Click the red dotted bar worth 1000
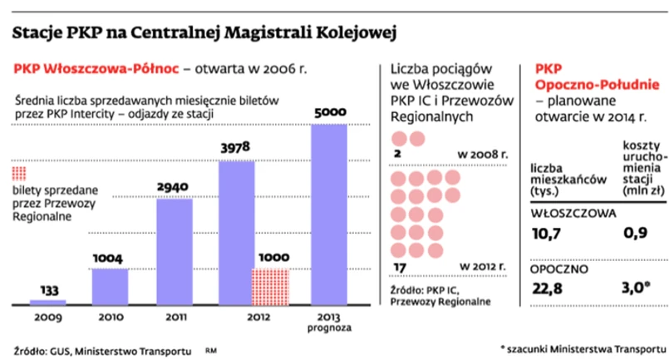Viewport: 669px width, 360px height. [270, 286]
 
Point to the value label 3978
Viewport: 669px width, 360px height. [237, 147]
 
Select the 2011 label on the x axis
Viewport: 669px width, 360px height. [174, 316]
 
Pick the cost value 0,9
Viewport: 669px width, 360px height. [636, 234]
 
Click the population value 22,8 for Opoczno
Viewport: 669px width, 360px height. [546, 288]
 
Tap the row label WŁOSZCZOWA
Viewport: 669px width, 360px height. [573, 212]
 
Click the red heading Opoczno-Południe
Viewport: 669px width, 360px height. [598, 86]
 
